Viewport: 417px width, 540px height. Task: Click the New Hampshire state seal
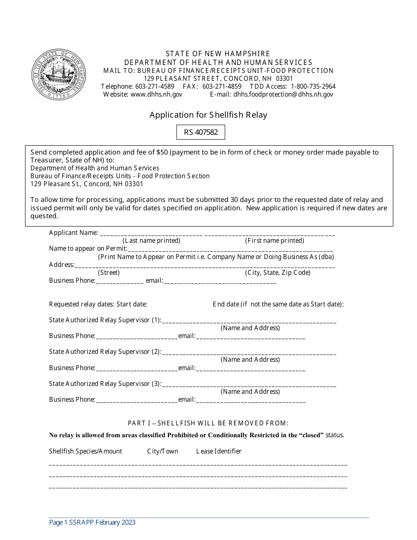tap(58, 75)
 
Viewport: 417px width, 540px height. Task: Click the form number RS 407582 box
tap(201, 132)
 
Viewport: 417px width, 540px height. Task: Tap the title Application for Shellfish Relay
tap(208, 115)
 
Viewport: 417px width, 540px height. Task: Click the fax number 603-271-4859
tap(222, 86)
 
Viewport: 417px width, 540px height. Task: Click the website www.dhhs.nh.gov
tap(156, 94)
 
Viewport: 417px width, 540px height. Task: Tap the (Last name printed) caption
tap(151, 241)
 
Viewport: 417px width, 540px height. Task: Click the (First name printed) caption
tap(274, 241)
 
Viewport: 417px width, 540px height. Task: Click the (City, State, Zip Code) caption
tap(277, 273)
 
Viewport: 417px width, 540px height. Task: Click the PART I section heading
tap(208, 423)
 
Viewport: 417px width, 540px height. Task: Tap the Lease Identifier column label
tap(219, 451)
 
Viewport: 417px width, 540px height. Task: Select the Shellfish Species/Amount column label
tap(86, 451)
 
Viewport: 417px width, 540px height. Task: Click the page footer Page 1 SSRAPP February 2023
tap(92, 522)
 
